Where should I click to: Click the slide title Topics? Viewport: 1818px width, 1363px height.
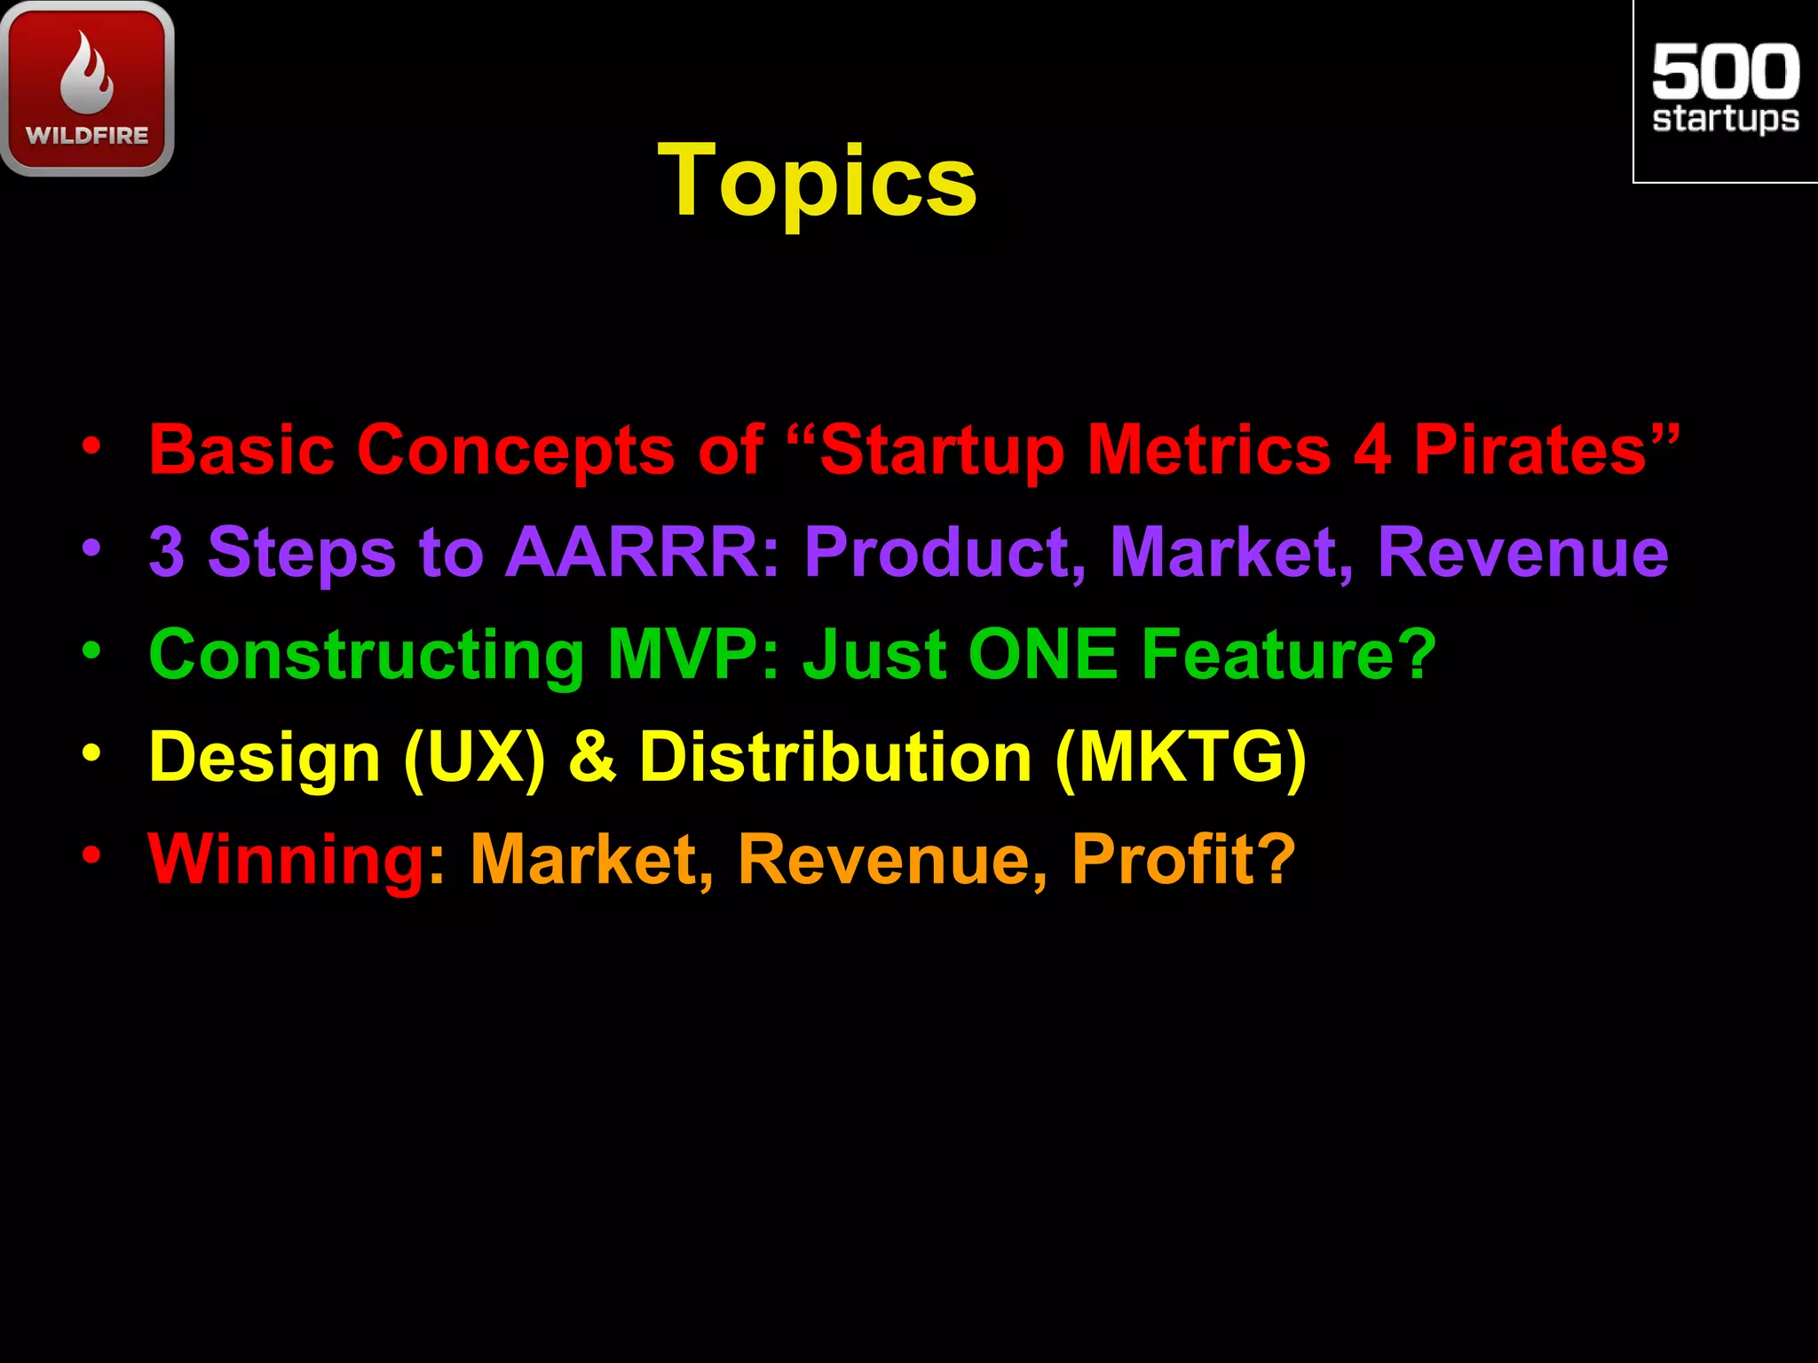click(817, 182)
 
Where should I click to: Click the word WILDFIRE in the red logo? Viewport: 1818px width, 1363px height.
click(87, 136)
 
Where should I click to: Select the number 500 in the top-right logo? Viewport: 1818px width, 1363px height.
click(1725, 72)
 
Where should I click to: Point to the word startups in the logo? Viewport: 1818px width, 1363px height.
click(1725, 119)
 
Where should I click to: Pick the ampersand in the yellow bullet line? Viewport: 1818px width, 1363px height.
click(592, 757)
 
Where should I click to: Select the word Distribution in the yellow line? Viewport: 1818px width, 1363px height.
click(835, 757)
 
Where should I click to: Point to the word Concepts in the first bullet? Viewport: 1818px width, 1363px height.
click(516, 450)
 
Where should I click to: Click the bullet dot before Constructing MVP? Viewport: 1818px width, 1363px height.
click(91, 650)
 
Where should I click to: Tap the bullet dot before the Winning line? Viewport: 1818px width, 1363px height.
click(91, 855)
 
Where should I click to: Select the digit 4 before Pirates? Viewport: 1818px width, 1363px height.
click(1372, 450)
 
